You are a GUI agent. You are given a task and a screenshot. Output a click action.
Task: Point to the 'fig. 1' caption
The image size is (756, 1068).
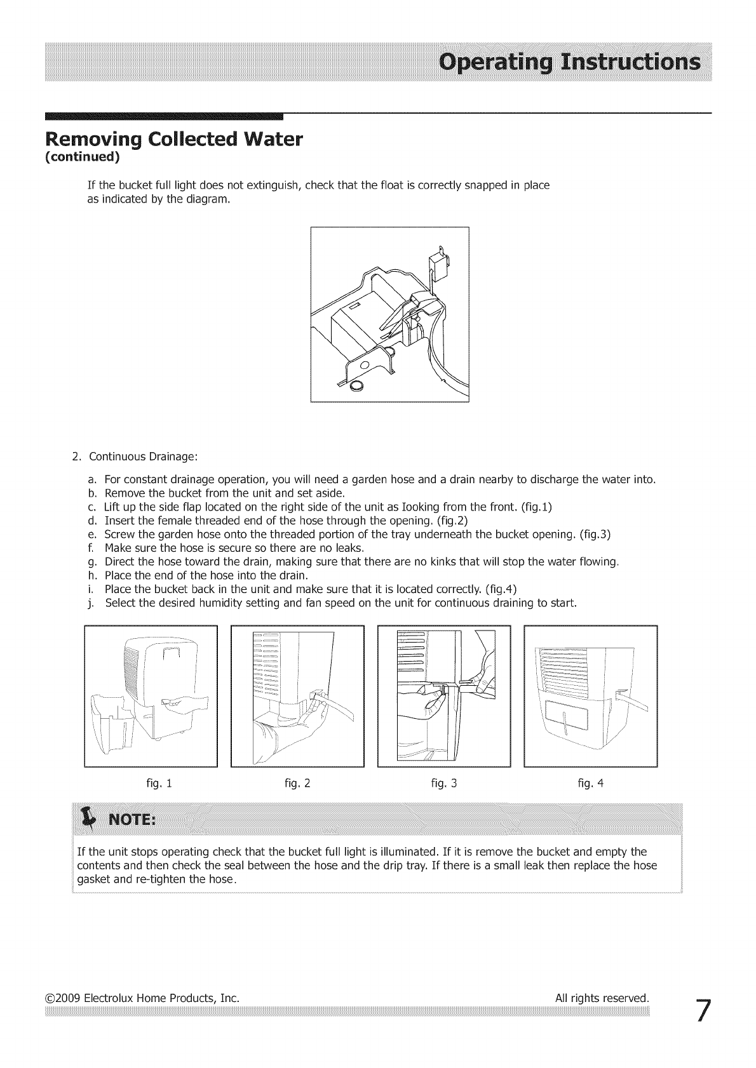pos(159,783)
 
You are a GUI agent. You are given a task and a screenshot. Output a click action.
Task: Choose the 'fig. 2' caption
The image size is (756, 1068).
pos(297,783)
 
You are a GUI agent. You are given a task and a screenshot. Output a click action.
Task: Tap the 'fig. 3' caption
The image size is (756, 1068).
pos(443,783)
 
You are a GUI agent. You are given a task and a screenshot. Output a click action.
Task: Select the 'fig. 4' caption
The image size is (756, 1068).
pos(591,783)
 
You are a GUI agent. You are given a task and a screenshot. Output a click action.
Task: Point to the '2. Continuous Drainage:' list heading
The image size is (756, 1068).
pos(135,457)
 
